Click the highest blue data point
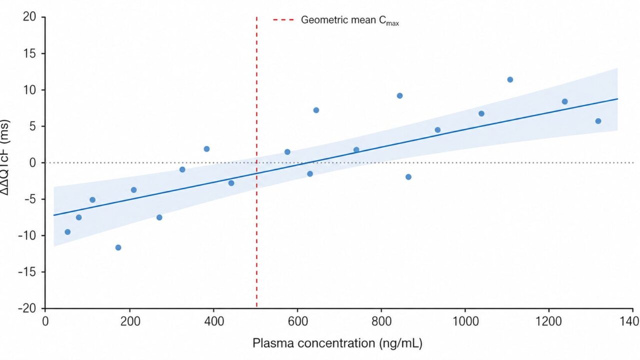(x=510, y=79)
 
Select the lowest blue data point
(x=118, y=247)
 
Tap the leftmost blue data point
(x=67, y=232)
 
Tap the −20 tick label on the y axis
(x=27, y=308)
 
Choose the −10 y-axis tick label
(x=27, y=235)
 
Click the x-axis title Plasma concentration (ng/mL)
(x=337, y=343)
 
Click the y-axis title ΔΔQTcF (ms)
(x=8, y=162)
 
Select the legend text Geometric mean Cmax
(x=349, y=20)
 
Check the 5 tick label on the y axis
(x=32, y=126)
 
